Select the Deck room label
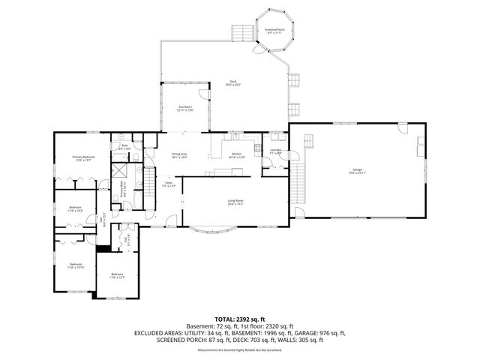tap(233, 83)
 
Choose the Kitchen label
tap(236, 156)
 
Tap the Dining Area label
tap(178, 155)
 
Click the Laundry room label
tap(274, 152)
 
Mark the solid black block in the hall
tap(102, 249)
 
